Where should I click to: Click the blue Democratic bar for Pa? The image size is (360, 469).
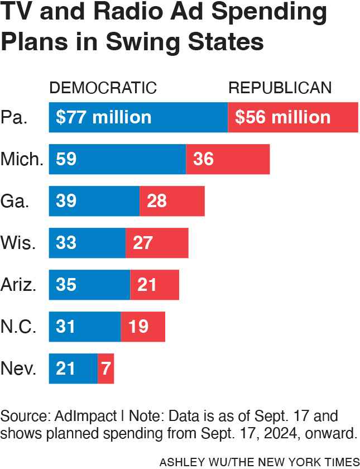tap(138, 117)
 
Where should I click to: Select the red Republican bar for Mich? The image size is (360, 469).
tap(228, 159)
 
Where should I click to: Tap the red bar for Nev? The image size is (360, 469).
tap(106, 368)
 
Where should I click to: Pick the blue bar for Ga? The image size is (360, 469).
tap(94, 201)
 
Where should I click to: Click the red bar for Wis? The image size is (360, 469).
tap(157, 243)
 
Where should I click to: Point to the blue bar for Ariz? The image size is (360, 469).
tap(89, 285)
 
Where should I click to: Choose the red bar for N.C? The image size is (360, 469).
tap(143, 327)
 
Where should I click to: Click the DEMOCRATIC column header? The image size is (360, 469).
tap(103, 88)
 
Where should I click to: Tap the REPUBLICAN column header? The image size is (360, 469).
tap(280, 88)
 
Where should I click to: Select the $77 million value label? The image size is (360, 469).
tap(104, 117)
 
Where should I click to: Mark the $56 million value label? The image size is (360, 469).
tap(283, 117)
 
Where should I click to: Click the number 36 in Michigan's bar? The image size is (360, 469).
tap(204, 159)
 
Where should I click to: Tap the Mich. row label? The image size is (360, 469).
tap(22, 159)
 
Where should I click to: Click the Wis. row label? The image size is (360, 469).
tap(19, 243)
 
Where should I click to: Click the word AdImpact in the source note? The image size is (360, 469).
tap(90, 417)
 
